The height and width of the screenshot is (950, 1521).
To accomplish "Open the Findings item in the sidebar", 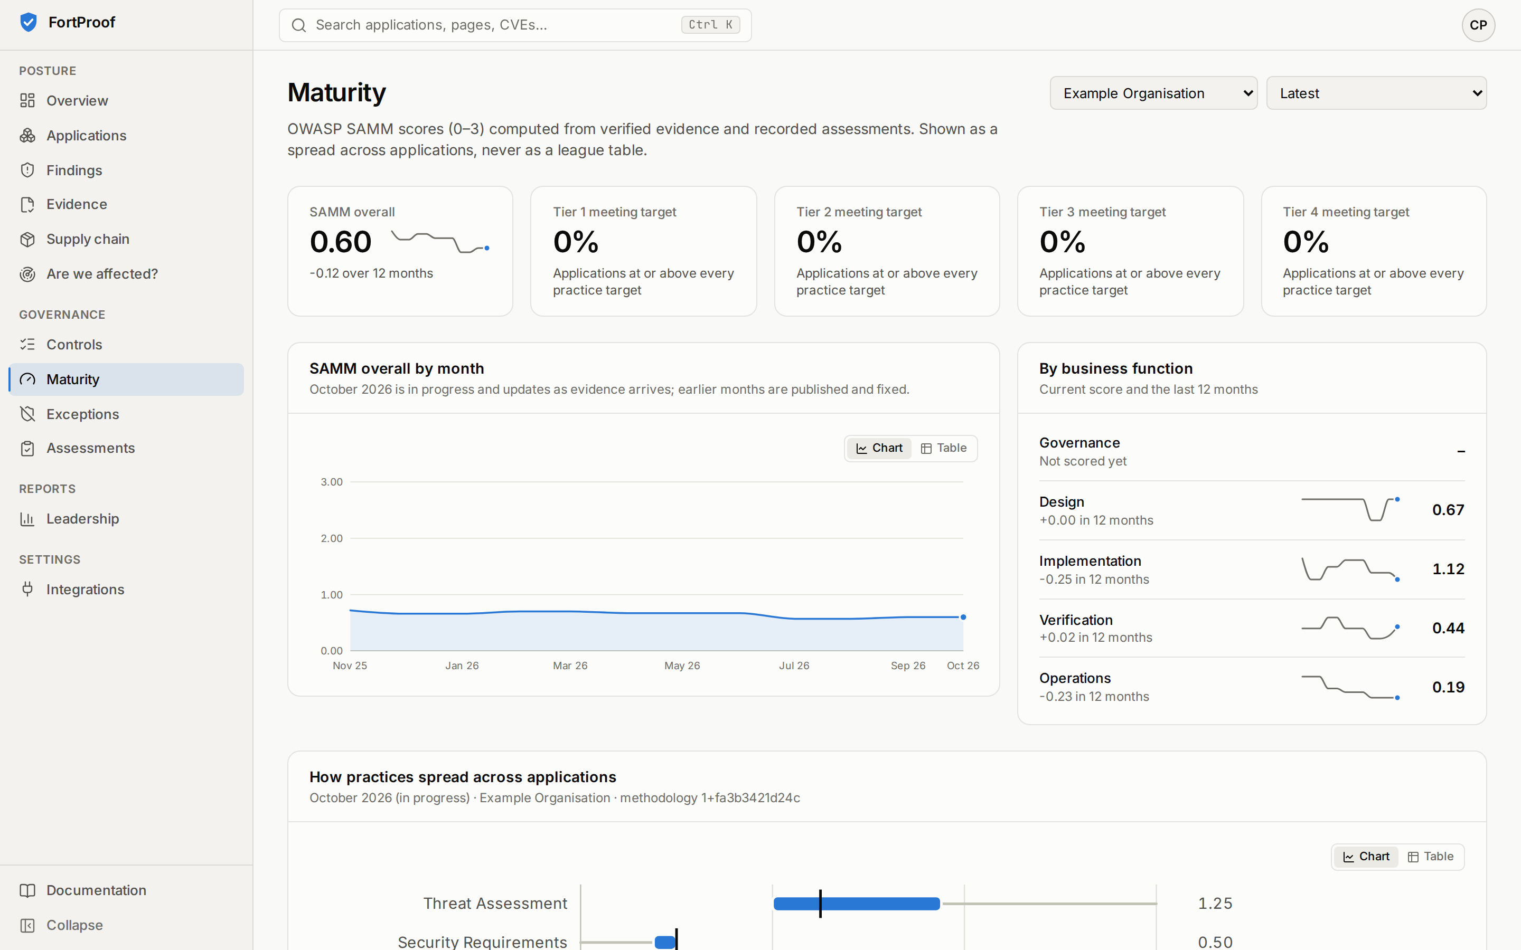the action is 74,170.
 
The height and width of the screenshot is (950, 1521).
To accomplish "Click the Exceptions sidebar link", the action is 82,414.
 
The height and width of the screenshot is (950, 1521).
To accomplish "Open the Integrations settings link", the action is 85,590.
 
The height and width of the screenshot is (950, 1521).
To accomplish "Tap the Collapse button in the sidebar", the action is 74,925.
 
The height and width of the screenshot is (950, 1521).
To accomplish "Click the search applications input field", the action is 515,25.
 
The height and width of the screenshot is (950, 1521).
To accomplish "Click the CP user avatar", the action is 1478,25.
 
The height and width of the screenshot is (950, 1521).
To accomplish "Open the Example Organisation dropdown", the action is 1153,93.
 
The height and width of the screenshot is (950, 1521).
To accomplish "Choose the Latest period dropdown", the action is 1376,93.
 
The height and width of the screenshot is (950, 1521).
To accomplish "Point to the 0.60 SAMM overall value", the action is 341,242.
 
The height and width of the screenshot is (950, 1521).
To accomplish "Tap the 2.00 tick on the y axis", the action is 331,538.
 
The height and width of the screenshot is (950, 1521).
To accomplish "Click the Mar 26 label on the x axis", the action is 570,666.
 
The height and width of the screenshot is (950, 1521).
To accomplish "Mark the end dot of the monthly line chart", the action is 963,617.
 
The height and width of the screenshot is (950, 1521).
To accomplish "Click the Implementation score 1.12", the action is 1448,569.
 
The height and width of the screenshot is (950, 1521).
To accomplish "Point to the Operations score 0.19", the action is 1448,687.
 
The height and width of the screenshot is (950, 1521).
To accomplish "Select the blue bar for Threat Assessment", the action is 857,904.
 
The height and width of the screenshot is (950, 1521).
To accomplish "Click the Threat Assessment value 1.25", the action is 1215,904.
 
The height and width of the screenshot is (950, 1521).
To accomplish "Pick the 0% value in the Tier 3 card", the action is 1062,242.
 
